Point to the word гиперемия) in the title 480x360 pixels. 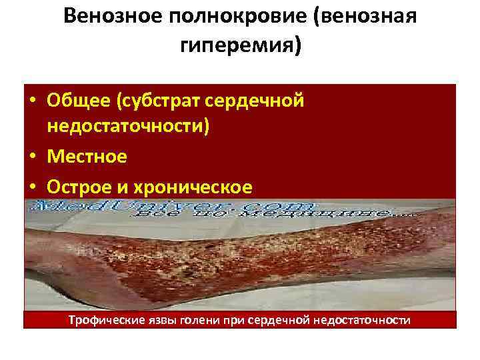click(240, 46)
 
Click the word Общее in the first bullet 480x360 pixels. click(79, 101)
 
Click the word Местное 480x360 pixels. click(87, 157)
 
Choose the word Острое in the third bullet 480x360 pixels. click(83, 185)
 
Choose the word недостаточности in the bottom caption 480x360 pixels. click(361, 321)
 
